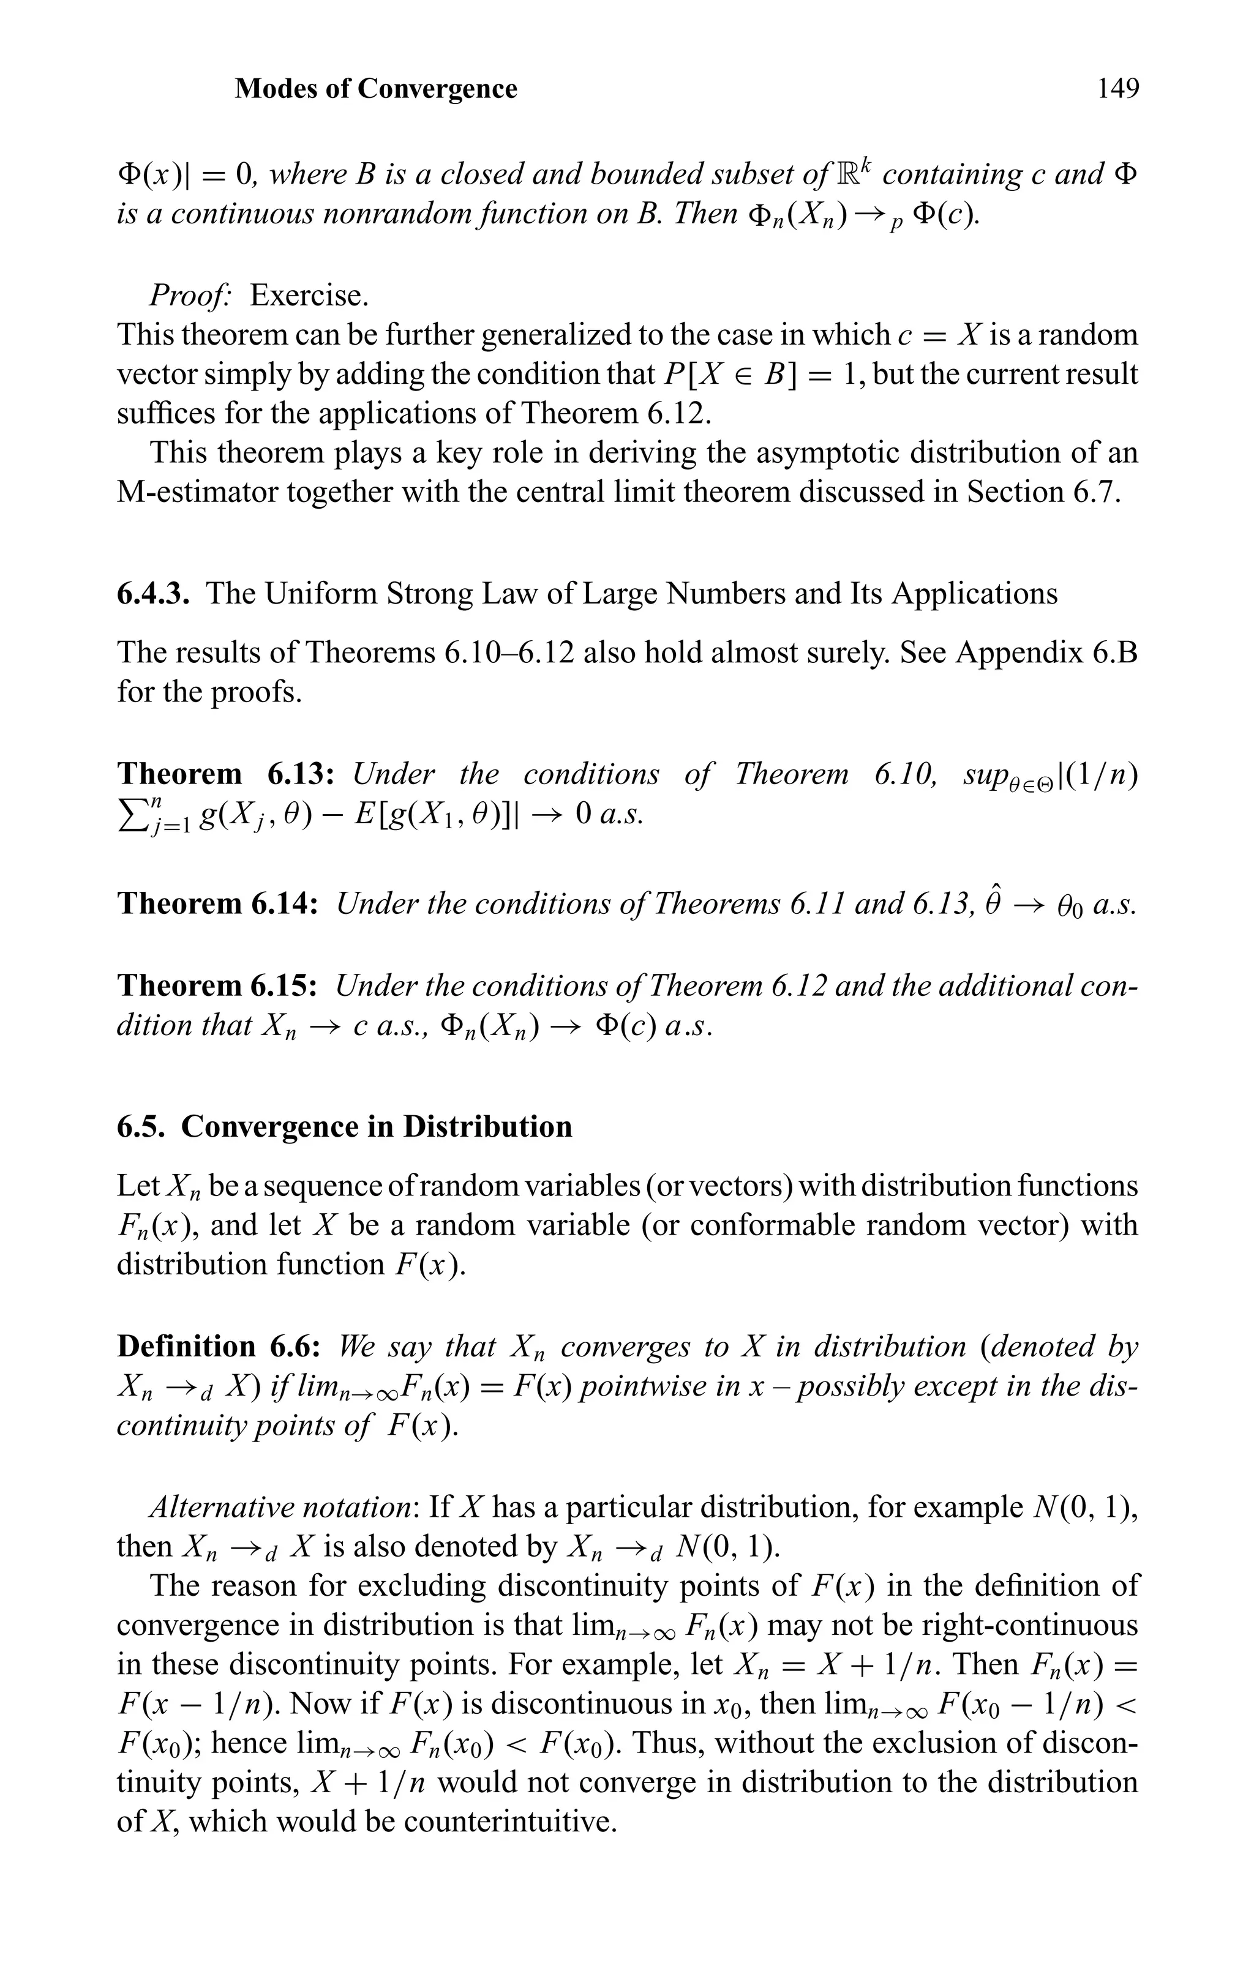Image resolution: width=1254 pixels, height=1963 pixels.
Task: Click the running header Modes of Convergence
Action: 376,88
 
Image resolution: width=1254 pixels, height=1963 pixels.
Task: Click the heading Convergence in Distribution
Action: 376,1127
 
